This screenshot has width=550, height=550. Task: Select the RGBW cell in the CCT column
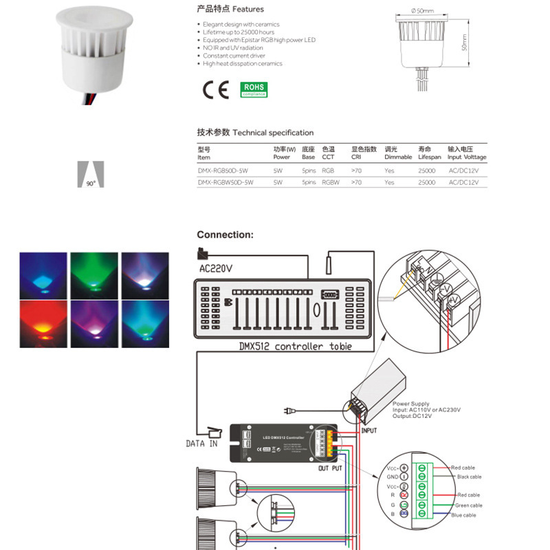point(330,183)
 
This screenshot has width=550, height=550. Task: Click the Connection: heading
point(225,234)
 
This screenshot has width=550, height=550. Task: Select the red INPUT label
point(369,431)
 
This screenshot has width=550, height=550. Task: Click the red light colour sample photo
point(43,323)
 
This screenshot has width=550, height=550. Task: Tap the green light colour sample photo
point(94,275)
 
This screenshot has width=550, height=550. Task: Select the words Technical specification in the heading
point(273,133)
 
